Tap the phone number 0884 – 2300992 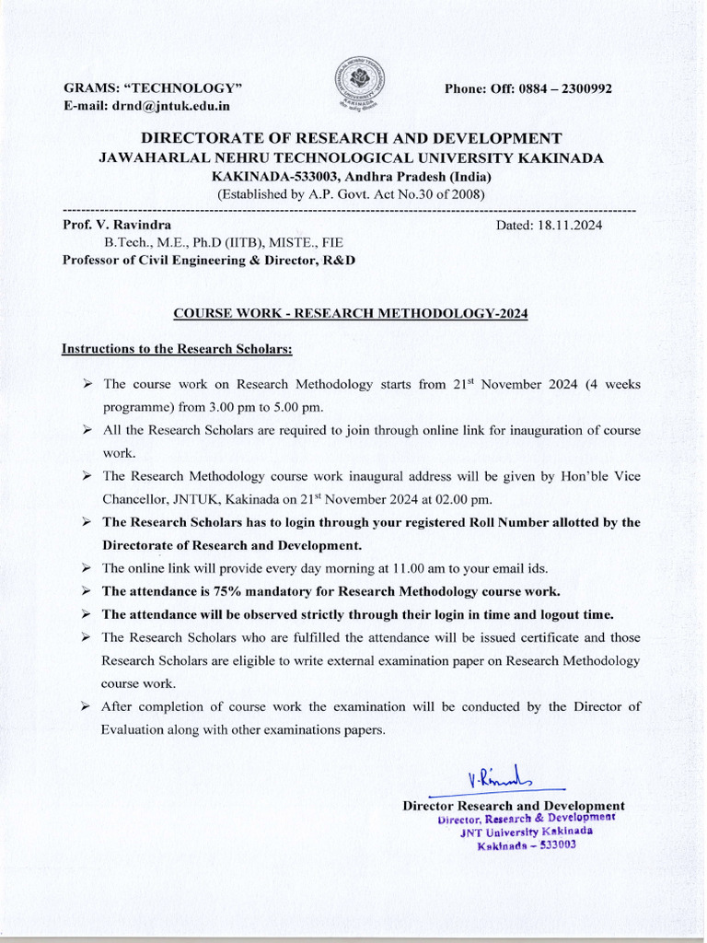click(x=565, y=88)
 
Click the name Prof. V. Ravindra click(x=117, y=225)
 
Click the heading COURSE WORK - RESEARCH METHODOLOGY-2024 click(x=351, y=313)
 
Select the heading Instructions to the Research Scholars click(x=177, y=349)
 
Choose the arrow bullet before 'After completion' click(x=86, y=706)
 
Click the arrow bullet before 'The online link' click(x=86, y=568)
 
